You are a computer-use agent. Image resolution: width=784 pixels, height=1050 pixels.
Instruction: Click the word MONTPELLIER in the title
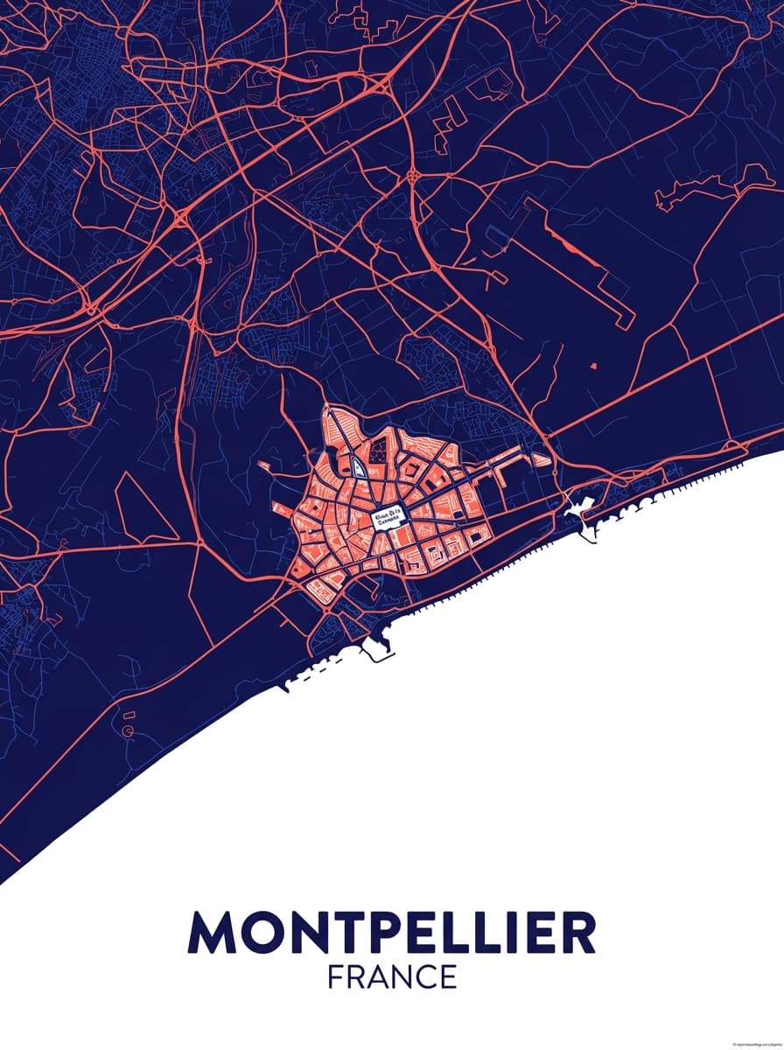(391, 934)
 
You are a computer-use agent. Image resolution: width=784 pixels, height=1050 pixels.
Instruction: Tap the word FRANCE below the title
(392, 976)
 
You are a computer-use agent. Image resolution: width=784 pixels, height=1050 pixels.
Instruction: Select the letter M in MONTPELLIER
(211, 934)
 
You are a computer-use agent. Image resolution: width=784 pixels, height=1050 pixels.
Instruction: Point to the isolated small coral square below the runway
(593, 363)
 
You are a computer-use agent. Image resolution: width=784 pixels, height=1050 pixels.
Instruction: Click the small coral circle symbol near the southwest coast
(129, 728)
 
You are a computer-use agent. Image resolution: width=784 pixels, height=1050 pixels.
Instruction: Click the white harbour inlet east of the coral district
(580, 507)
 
